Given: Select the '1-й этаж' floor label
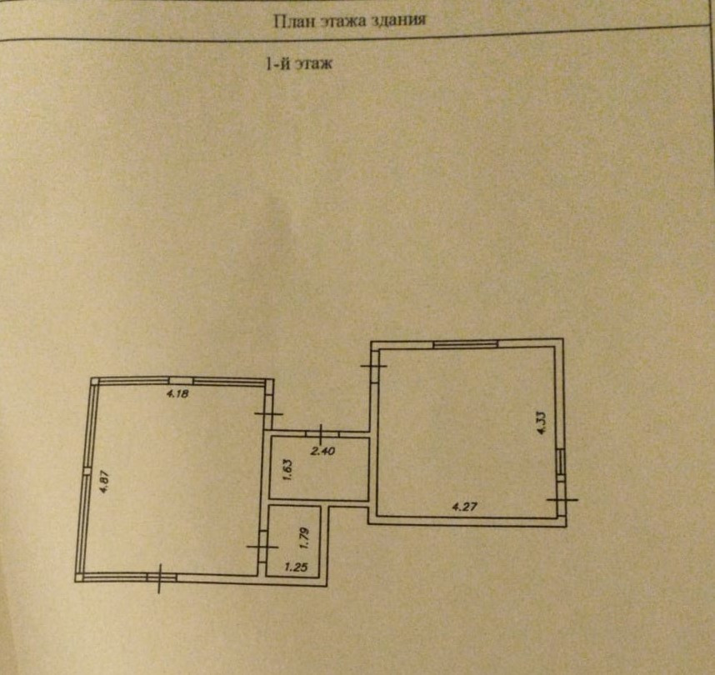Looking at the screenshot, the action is point(298,64).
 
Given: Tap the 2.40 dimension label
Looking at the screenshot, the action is point(322,452).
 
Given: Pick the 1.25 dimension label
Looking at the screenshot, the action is point(296,568).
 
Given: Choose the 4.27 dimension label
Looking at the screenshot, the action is point(463,506).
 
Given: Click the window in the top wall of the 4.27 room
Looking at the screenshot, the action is point(465,342).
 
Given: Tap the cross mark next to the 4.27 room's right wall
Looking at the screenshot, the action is point(562,499).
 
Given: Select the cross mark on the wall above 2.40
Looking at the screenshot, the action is point(321,433).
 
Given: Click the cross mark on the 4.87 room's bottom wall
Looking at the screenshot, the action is point(160,577).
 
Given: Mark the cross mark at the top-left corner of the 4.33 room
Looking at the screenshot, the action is point(374,364).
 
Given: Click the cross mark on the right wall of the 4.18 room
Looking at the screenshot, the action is point(268,413).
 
